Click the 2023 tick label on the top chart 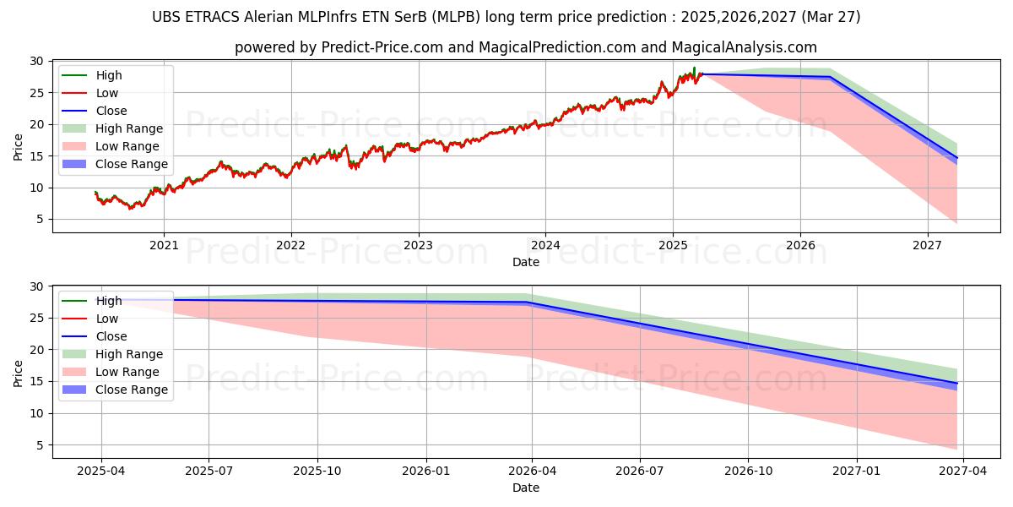[x=419, y=245]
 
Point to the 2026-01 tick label [x=426, y=471]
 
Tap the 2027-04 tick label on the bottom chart [x=963, y=471]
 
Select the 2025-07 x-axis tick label [x=209, y=471]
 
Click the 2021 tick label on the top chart [x=164, y=245]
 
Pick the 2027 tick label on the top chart [x=928, y=245]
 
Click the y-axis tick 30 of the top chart [x=36, y=61]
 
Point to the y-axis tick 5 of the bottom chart [x=41, y=445]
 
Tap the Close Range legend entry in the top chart [x=115, y=164]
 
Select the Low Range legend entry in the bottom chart [x=111, y=372]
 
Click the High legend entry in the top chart [x=92, y=75]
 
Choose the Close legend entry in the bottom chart [x=95, y=336]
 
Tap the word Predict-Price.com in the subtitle [x=382, y=47]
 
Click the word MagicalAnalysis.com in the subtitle [x=745, y=47]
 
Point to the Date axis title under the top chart [x=526, y=262]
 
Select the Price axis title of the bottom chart [x=18, y=373]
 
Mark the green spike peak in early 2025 [x=694, y=68]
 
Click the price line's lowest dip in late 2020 [x=131, y=208]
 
